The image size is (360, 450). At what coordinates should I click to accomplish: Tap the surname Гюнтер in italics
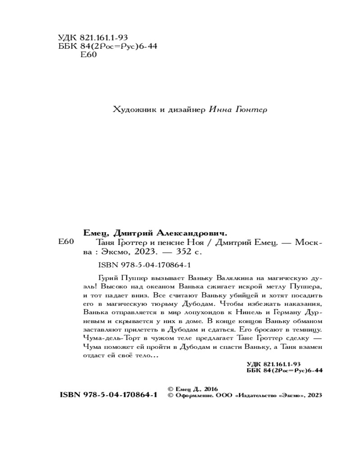click(250, 109)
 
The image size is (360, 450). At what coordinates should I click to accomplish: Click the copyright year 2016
click(210, 388)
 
